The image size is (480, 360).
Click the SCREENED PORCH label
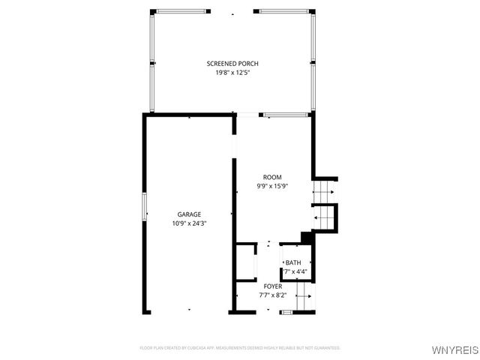tap(232, 64)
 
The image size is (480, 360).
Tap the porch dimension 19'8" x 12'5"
tap(232, 73)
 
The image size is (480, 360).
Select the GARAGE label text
tap(189, 214)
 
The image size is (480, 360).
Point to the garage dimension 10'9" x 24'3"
tap(189, 223)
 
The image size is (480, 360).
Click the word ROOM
tap(272, 177)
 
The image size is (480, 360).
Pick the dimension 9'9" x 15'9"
tap(272, 186)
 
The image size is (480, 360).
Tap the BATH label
tap(293, 262)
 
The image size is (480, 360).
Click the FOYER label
tap(272, 286)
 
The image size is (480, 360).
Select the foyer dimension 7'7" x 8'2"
tap(272, 295)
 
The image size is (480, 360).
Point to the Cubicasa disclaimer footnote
tap(240, 348)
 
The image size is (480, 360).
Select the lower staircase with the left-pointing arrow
tap(324, 217)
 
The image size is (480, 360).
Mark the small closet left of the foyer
tap(246, 262)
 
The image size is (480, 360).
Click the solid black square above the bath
tap(306, 238)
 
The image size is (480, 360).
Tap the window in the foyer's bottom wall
tap(284, 311)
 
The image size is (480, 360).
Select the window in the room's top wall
tap(285, 115)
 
